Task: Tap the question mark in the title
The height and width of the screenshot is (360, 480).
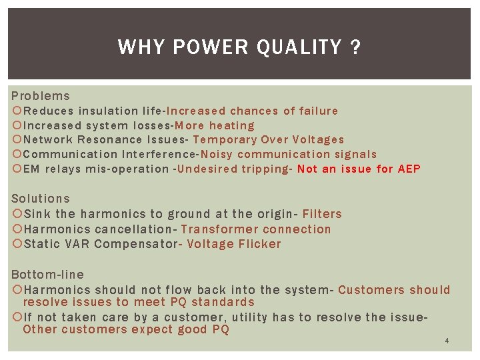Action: (x=356, y=47)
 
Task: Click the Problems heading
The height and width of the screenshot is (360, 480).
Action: (x=40, y=96)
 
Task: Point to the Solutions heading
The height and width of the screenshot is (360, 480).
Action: (x=41, y=199)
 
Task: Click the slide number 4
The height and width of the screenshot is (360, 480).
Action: (x=447, y=341)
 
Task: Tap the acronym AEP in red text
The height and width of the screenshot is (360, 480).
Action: (x=409, y=169)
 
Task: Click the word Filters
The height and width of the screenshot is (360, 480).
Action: (x=322, y=214)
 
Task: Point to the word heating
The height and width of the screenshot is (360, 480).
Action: (x=231, y=125)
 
